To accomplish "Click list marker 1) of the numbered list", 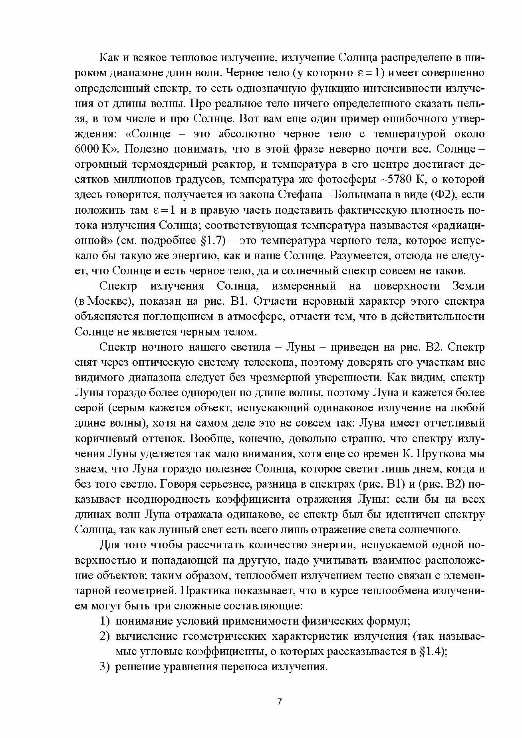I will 105,621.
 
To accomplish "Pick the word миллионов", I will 141,179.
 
